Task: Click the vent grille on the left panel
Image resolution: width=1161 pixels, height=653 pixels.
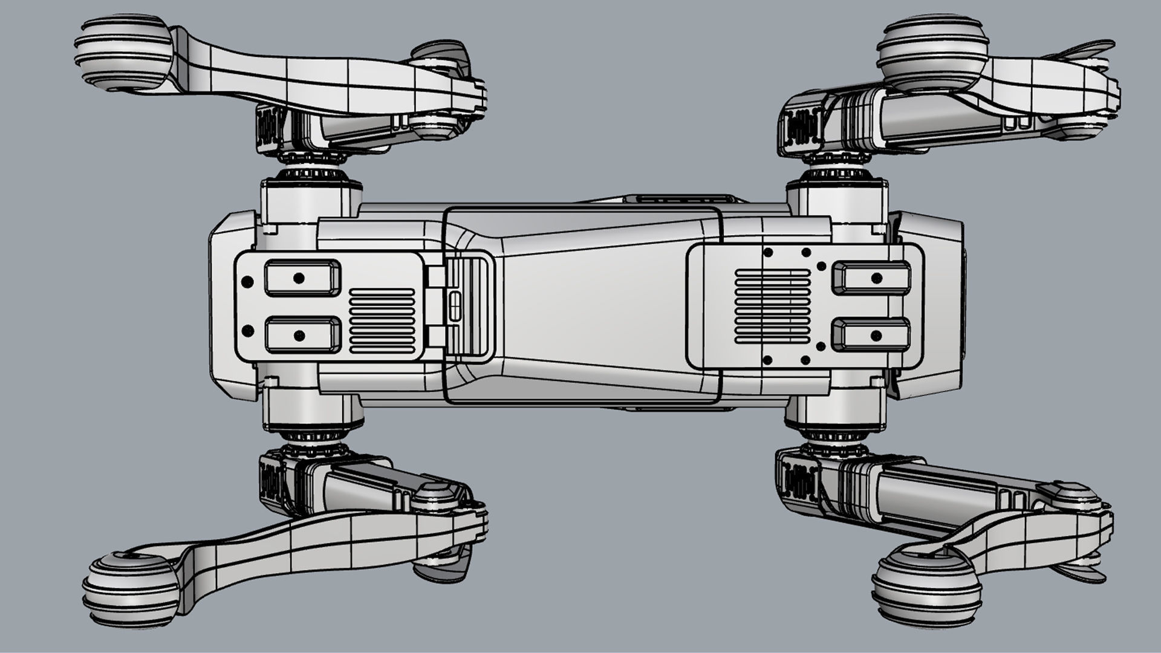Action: pyautogui.click(x=382, y=320)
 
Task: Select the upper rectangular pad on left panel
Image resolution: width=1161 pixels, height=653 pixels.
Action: pyautogui.click(x=302, y=278)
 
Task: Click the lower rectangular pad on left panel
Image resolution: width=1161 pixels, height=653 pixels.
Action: pyautogui.click(x=302, y=334)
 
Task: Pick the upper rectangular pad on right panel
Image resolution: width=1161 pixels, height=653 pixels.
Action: pyautogui.click(x=871, y=278)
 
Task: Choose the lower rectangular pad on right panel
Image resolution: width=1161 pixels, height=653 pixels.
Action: pyautogui.click(x=871, y=334)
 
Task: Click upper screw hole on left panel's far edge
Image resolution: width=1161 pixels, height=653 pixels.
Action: pyautogui.click(x=247, y=282)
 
